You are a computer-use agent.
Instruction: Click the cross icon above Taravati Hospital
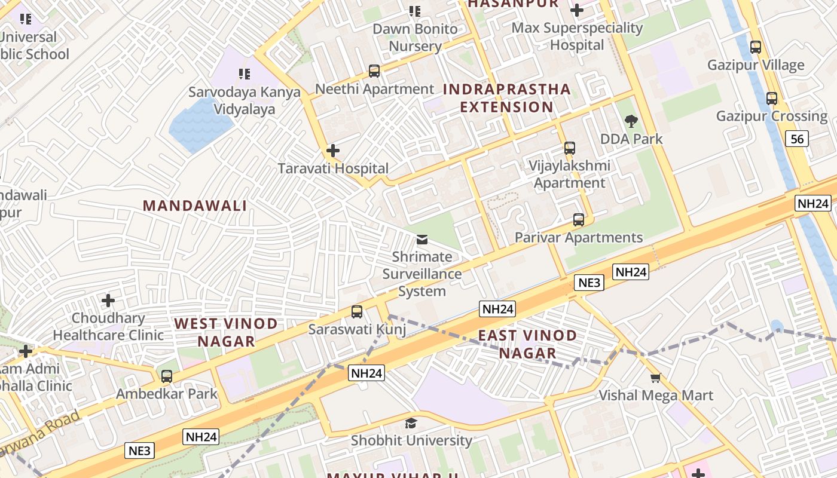click(333, 151)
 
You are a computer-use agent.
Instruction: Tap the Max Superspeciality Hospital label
click(577, 36)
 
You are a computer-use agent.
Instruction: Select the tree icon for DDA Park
click(631, 122)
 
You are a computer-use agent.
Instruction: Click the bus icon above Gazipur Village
click(756, 47)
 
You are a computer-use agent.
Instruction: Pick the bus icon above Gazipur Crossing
click(772, 98)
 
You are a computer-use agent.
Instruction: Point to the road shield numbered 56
click(798, 139)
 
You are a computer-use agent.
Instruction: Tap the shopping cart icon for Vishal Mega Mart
click(656, 378)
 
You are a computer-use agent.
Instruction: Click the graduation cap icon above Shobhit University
click(411, 424)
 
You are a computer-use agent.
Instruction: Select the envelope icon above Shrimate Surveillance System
click(422, 240)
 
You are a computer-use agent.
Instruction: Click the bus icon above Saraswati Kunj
click(357, 311)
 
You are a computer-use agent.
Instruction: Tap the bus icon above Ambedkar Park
click(167, 376)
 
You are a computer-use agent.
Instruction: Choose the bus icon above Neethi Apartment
click(374, 71)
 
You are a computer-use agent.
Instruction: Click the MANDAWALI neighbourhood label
click(195, 206)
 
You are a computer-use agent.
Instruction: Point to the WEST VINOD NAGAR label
click(226, 332)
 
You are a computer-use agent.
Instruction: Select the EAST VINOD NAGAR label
click(527, 344)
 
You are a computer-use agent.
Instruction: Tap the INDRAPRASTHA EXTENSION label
click(507, 98)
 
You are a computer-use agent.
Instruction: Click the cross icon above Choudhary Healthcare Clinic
click(108, 300)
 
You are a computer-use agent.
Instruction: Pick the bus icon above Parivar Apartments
click(578, 220)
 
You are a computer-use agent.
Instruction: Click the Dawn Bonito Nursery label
click(415, 37)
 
